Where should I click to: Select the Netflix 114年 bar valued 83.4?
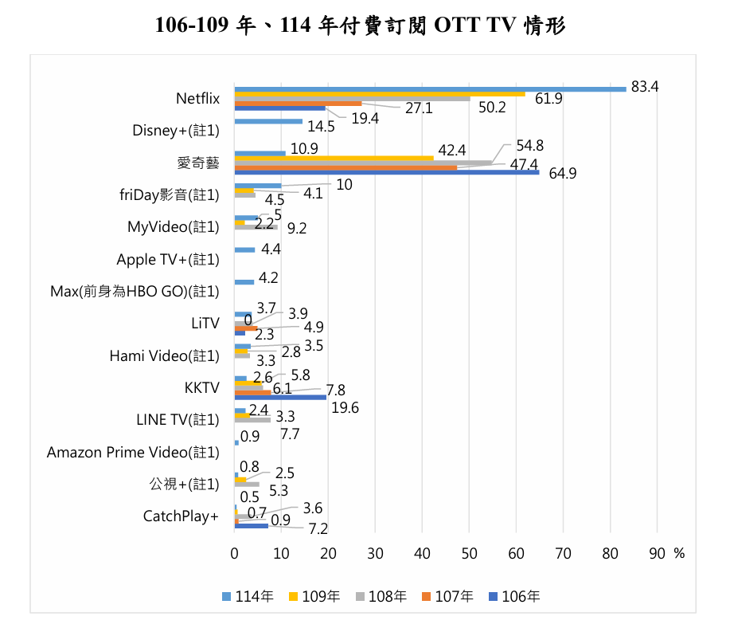point(430,88)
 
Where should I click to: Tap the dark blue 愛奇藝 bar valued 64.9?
point(386,172)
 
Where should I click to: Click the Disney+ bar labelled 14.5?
point(268,121)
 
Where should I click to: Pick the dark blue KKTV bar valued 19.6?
point(280,396)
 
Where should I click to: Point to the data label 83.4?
point(645,87)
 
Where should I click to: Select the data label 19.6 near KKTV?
point(345,408)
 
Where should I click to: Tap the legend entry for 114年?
point(248,595)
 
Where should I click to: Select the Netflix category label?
point(197,99)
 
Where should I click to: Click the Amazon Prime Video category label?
point(133,453)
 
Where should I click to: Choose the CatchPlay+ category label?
point(181,516)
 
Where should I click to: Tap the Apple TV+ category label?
point(167,260)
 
